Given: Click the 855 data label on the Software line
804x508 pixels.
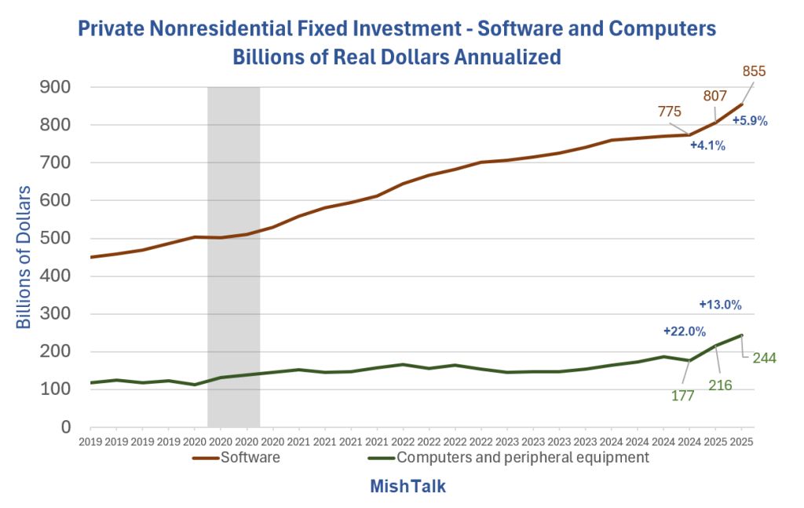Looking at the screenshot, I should tap(753, 71).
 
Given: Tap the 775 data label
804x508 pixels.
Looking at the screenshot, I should tap(669, 111).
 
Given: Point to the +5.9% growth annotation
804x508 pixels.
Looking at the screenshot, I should tap(749, 121).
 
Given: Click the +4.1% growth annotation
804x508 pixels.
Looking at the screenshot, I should tap(707, 145).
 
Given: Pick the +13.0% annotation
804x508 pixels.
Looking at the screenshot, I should tap(720, 305).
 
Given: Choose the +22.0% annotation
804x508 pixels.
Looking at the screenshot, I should tap(685, 331).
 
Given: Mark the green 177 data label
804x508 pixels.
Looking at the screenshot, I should tap(682, 396).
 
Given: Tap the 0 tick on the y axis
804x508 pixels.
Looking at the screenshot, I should tap(66, 427).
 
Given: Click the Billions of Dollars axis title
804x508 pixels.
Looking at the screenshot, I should tap(24, 258).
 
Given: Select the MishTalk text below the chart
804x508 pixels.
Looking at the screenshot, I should tap(407, 487).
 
